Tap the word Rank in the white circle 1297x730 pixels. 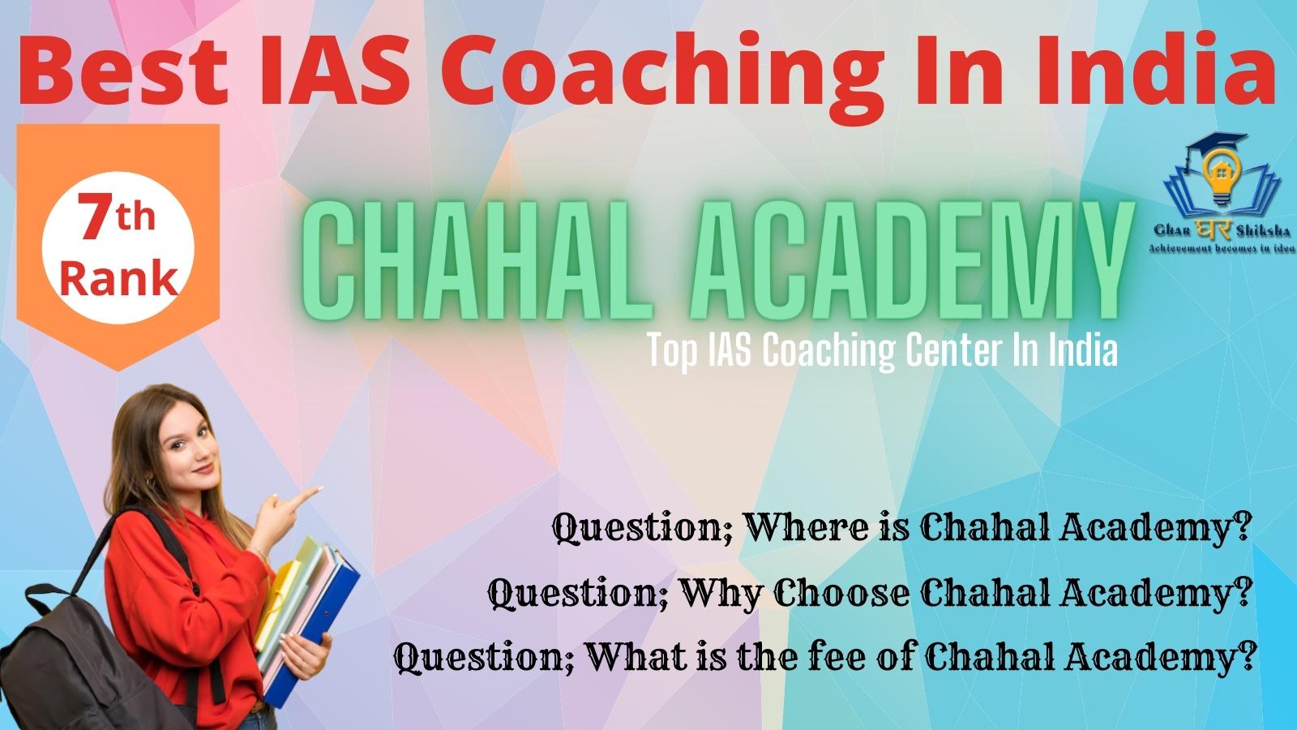[118, 279]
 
